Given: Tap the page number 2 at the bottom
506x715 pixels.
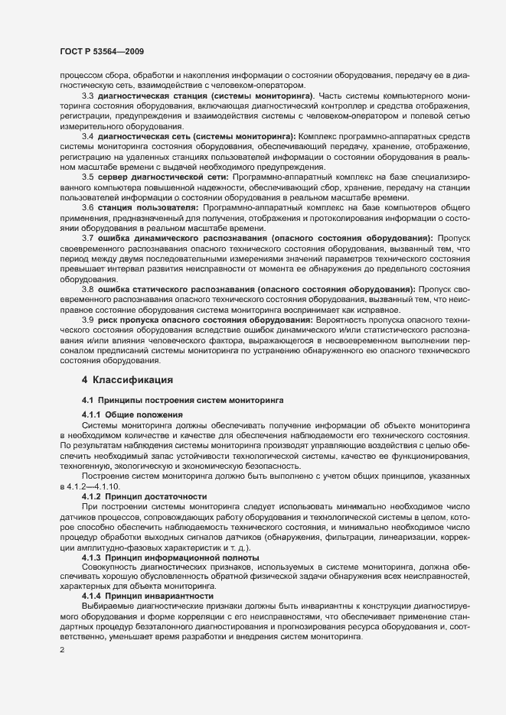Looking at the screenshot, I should tap(62, 651).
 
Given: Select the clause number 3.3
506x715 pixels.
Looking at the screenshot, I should tap(88, 96).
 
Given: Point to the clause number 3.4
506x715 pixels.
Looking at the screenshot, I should tap(88, 136).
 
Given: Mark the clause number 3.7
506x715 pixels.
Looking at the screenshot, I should tap(88, 238).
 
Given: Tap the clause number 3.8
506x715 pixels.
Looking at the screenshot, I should tap(88, 288).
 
